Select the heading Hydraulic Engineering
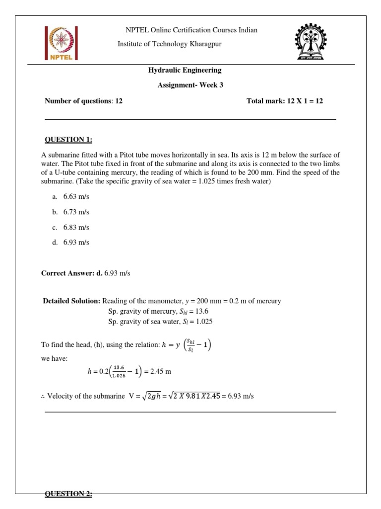pos(185,70)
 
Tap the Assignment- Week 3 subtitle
pos(190,85)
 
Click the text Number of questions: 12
pos(83,101)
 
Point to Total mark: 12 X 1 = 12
pos(284,101)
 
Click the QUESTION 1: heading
pos(68,140)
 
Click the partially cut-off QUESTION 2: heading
pos(68,494)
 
